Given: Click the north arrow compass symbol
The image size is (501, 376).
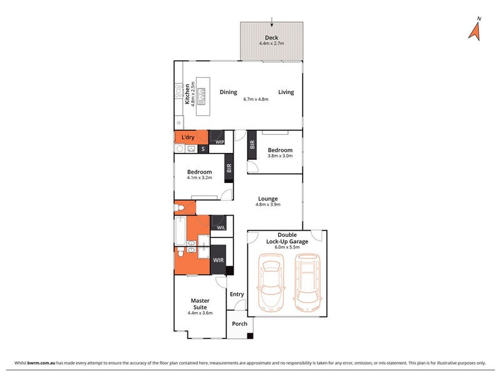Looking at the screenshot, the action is pos(475,31).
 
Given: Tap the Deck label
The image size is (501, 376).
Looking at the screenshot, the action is pos(272,38).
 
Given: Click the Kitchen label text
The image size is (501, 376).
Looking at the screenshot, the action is pos(187,94).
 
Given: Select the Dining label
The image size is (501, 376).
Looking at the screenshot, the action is pos(229,92).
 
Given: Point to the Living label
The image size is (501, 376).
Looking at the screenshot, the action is pos(286,92).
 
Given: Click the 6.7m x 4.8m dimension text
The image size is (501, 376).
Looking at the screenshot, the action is pos(256,99).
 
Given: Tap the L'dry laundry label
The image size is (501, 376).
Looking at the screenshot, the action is pos(188,137).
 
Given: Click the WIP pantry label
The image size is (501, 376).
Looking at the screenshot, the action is pos(220,142).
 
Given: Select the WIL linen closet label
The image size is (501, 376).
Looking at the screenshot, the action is pos(221,227).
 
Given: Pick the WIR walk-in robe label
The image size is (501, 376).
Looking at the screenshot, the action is pos(219,260).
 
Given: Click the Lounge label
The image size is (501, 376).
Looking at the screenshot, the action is pos(268,199).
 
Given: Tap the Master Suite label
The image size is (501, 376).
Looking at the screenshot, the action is pos(200,304).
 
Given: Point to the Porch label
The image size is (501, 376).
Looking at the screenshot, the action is pos(240,323).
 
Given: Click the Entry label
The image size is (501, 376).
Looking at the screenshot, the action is pos(237,294).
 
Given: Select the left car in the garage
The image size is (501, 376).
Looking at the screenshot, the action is pos(271,283).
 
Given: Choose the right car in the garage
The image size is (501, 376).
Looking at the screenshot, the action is pos(307,283).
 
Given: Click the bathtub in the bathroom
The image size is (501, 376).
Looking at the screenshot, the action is pos(180,231).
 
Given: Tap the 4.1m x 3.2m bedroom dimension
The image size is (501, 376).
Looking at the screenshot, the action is pos(200,177).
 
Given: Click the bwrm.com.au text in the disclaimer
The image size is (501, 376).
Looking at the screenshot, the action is pos(41,363).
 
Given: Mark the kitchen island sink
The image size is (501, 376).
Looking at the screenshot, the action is pos(201,97).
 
